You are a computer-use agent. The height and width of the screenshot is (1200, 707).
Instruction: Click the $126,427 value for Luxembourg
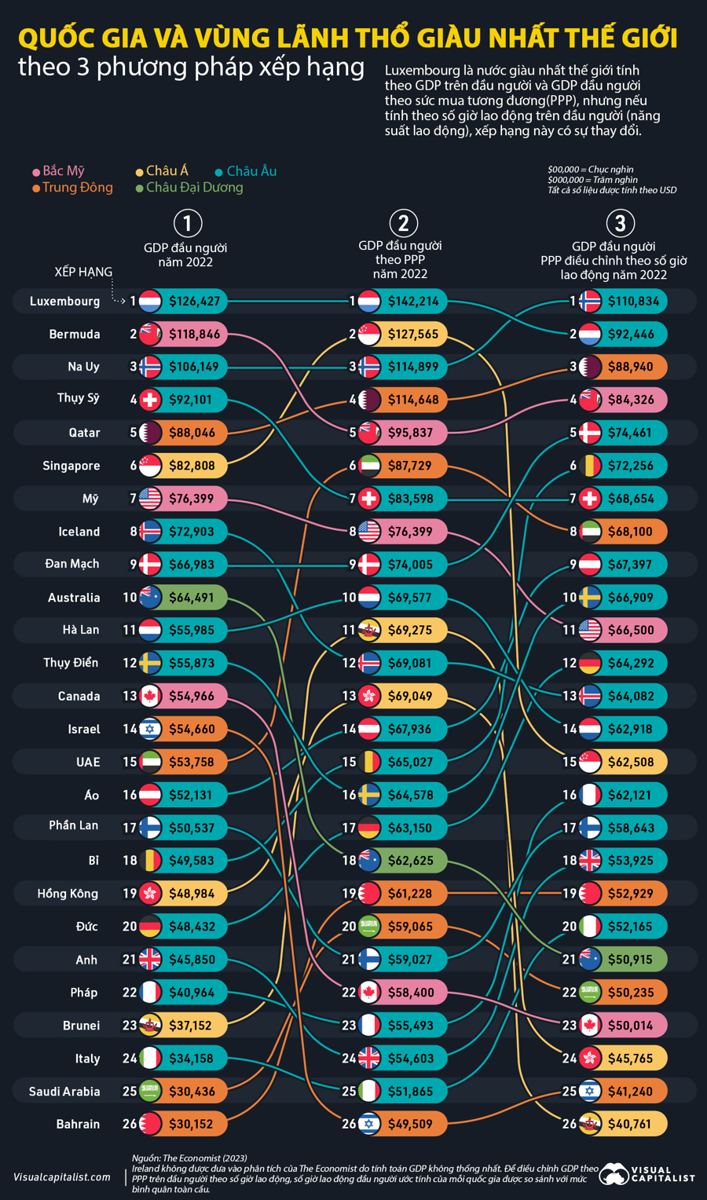tap(195, 301)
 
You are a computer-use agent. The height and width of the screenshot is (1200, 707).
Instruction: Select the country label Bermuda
tap(75, 335)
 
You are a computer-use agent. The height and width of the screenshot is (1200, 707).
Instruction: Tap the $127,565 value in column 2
tap(413, 335)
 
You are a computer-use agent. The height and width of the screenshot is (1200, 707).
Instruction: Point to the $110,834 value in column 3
tap(633, 301)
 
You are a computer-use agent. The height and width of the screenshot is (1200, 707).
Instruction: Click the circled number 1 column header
tap(187, 223)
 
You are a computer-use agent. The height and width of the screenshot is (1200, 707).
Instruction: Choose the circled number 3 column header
tap(620, 223)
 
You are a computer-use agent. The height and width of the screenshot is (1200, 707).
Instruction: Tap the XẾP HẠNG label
tap(83, 272)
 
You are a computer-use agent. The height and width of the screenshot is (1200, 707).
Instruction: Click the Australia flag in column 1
tap(150, 598)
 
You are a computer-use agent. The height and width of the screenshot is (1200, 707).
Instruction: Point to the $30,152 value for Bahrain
tap(191, 1124)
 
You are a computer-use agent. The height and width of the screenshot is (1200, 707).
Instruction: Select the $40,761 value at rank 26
tap(629, 1124)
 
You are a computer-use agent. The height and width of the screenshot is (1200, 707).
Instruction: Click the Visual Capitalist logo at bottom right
tap(647, 1175)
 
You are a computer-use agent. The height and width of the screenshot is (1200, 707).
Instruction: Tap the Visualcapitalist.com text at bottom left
tap(62, 1177)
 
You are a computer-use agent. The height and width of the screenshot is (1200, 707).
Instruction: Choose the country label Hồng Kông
tap(68, 894)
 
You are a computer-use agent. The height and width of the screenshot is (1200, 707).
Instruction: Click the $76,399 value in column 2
tap(409, 532)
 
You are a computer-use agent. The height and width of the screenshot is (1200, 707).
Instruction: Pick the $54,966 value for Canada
tap(192, 696)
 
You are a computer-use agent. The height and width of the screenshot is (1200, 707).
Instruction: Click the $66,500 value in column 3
tap(631, 630)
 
